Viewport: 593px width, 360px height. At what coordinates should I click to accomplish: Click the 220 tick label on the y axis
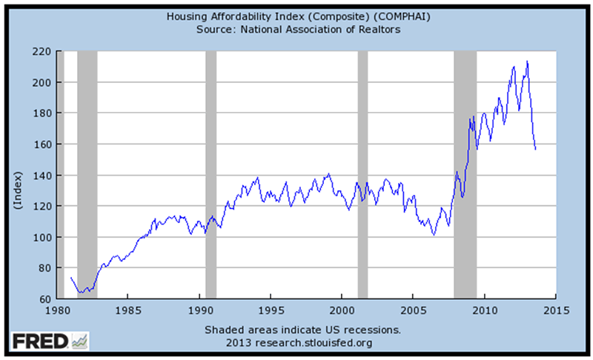pos(42,51)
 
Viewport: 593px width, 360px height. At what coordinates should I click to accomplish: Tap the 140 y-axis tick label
pos(42,175)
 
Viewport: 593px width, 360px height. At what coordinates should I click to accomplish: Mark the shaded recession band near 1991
pos(211,175)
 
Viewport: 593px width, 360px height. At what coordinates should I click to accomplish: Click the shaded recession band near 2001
pos(362,175)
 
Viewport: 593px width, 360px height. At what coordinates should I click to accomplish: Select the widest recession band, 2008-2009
pos(465,175)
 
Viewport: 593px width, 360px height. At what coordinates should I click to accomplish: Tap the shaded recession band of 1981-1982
pos(87,175)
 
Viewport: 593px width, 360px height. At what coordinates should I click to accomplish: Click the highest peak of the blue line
pos(527,61)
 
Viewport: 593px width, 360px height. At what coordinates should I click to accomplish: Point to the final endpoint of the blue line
pos(535,149)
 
